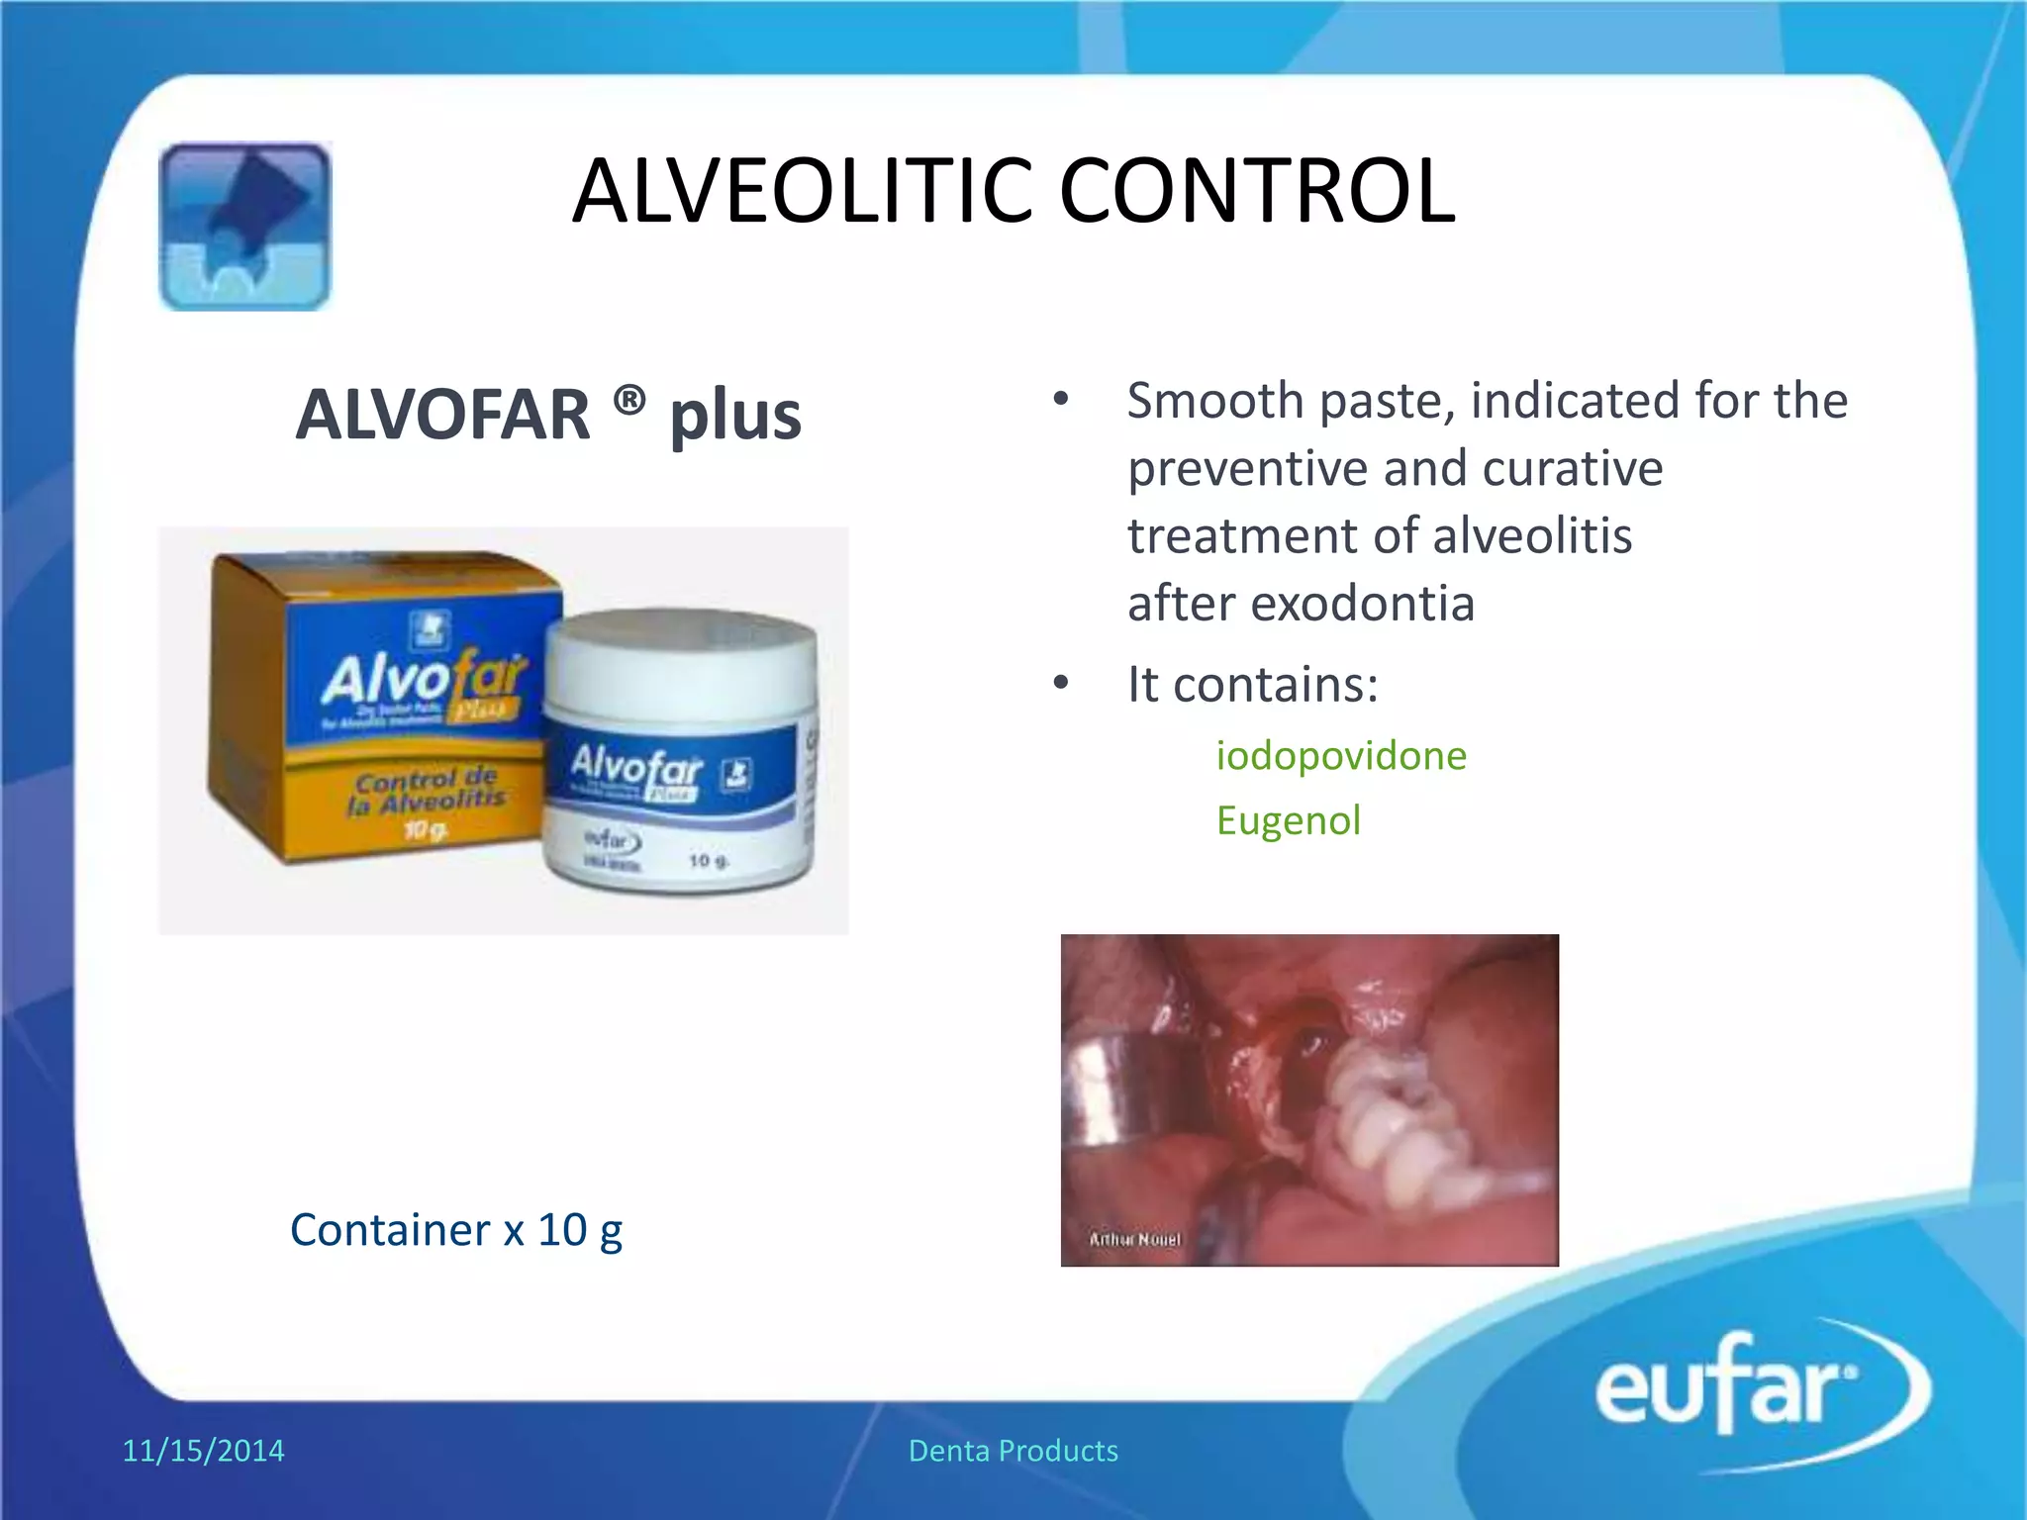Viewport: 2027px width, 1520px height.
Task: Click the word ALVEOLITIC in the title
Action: (802, 191)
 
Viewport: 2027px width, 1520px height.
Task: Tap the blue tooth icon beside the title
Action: (244, 227)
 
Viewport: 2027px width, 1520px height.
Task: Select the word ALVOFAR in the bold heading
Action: (442, 415)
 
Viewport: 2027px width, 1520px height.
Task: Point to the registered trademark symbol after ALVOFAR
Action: (629, 401)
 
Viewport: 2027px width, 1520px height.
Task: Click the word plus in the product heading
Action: (735, 417)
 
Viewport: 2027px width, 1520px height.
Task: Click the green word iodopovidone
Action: (1341, 756)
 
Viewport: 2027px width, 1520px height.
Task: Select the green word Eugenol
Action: (1289, 820)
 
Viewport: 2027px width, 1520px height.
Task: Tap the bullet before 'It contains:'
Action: (1061, 683)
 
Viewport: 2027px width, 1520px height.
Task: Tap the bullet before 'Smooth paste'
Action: (1061, 400)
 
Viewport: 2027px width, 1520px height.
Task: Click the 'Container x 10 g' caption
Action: (456, 1230)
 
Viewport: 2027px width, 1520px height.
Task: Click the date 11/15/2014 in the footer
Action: (203, 1451)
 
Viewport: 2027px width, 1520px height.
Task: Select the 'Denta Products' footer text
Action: (1013, 1451)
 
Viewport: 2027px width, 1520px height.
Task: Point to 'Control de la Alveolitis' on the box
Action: (426, 792)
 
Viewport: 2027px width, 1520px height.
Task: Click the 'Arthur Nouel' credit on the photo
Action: (1134, 1239)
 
